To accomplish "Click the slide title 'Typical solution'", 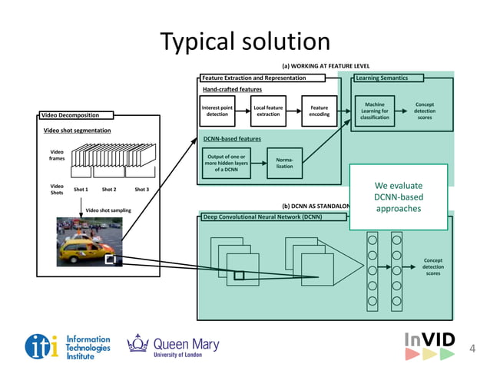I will click(244, 41).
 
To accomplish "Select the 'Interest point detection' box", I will click(217, 111).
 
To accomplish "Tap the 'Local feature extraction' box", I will click(268, 111).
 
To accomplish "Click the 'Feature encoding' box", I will click(319, 111).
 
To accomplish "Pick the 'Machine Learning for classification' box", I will click(374, 111).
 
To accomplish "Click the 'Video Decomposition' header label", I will click(75, 116).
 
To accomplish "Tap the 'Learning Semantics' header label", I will click(381, 78).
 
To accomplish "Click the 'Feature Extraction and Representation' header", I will click(253, 78).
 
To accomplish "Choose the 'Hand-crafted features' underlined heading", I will click(232, 89).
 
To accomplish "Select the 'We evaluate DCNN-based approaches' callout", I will click(398, 197).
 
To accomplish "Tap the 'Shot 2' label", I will click(109, 189).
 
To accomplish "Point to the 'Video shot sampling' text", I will click(108, 210).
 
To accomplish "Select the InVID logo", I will click(429, 346).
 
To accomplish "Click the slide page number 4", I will click(472, 349).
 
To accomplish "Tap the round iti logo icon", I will click(41, 347).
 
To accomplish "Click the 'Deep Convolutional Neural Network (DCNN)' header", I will click(263, 217).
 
